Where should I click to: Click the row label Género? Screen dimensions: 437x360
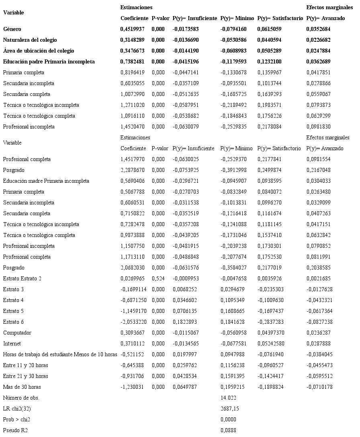point(12,29)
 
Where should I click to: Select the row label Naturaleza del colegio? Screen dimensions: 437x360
point(30,40)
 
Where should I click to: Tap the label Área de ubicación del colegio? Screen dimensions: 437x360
point(39,51)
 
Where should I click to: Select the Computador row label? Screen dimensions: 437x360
point(17,333)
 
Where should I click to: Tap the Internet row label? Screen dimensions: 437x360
point(12,344)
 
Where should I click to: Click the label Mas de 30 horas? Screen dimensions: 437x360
point(22,387)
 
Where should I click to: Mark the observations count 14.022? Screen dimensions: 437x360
point(228,398)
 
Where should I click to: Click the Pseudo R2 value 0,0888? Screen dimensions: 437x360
point(228,431)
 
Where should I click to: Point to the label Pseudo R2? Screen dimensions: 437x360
point(16,431)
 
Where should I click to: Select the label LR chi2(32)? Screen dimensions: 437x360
point(18,409)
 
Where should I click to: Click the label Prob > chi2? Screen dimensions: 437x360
point(18,420)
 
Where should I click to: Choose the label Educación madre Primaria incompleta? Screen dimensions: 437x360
point(46,181)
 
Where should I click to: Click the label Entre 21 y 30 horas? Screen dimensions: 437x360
point(26,376)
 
